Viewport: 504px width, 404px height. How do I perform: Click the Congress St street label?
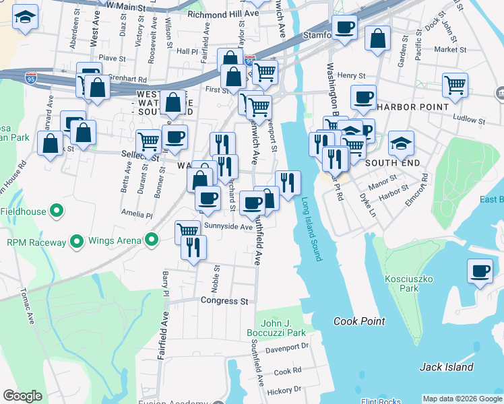tap(224, 301)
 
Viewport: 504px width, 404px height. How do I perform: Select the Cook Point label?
tap(359, 321)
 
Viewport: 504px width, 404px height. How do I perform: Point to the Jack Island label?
tap(446, 367)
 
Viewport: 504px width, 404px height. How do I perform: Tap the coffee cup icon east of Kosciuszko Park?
tap(480, 271)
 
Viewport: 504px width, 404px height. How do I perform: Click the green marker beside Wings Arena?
tap(152, 240)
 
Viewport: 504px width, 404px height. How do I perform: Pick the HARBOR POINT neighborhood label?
tap(412, 107)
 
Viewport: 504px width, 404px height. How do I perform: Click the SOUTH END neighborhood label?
tap(393, 163)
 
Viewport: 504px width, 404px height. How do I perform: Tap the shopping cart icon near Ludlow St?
tap(455, 85)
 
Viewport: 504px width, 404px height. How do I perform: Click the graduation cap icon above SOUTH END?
tap(401, 143)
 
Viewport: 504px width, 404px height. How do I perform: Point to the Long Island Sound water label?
tap(312, 229)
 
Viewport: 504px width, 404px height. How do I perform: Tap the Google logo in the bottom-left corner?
tap(22, 396)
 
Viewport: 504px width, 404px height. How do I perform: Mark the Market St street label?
tap(451, 49)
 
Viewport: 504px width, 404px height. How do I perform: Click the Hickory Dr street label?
tap(284, 389)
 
